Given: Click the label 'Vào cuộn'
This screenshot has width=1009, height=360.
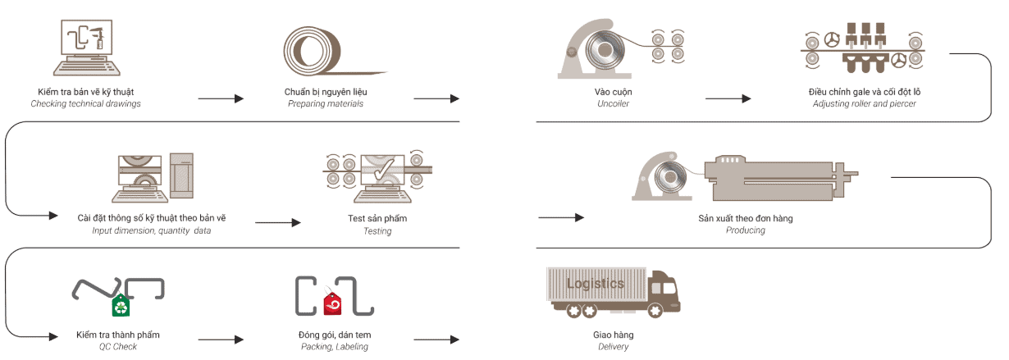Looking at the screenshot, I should (x=613, y=91).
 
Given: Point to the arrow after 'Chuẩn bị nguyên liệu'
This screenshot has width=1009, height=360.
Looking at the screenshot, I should (x=436, y=98).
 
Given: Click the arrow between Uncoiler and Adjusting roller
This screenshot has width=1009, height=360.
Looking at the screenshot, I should (x=728, y=98).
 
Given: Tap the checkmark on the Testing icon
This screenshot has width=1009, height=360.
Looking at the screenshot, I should (x=382, y=171).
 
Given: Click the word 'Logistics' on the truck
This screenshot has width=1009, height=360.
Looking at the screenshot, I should (x=595, y=284).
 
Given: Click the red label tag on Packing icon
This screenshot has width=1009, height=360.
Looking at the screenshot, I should (x=333, y=304).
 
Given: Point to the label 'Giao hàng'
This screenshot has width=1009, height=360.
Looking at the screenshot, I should (x=613, y=335).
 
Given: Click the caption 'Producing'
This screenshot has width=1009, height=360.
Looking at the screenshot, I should (x=745, y=230).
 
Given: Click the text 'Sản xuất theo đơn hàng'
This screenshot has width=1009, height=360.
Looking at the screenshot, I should (x=745, y=218).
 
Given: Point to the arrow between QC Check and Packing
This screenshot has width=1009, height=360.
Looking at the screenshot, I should (x=221, y=339).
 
